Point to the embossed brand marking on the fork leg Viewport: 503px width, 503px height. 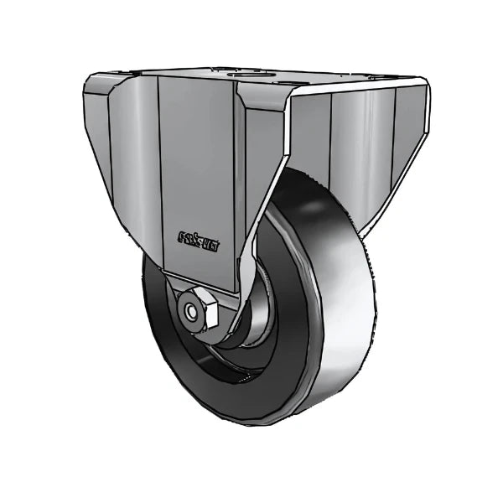pos(199,238)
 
